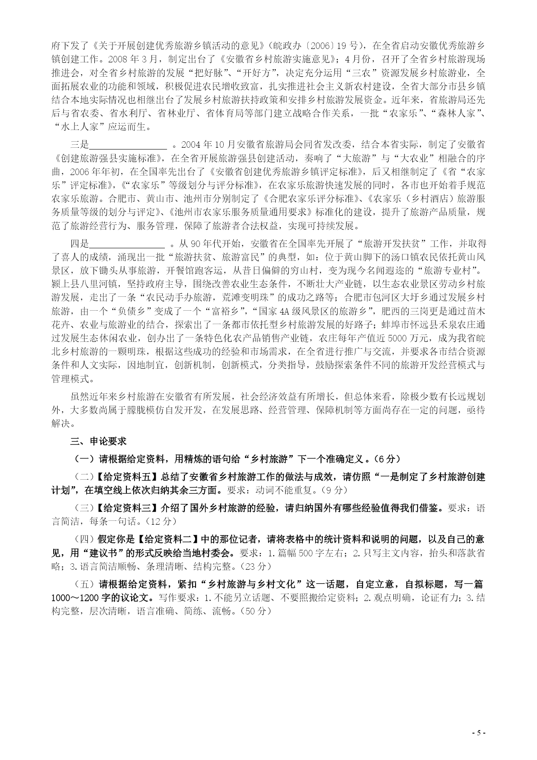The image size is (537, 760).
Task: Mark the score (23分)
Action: click(x=256, y=566)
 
